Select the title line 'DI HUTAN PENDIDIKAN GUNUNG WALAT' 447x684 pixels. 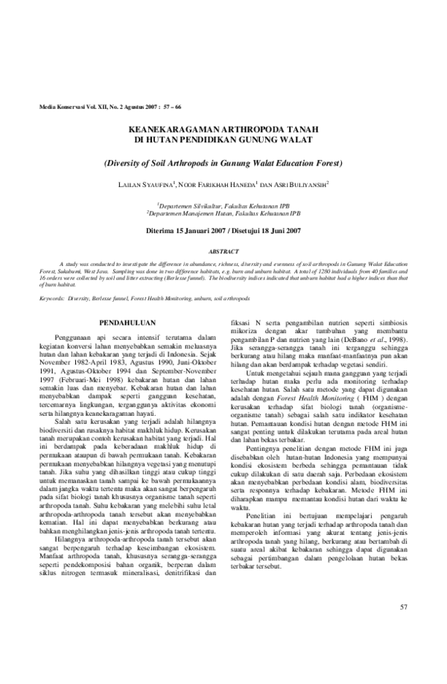(223, 140)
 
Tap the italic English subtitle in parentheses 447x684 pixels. (223, 162)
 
